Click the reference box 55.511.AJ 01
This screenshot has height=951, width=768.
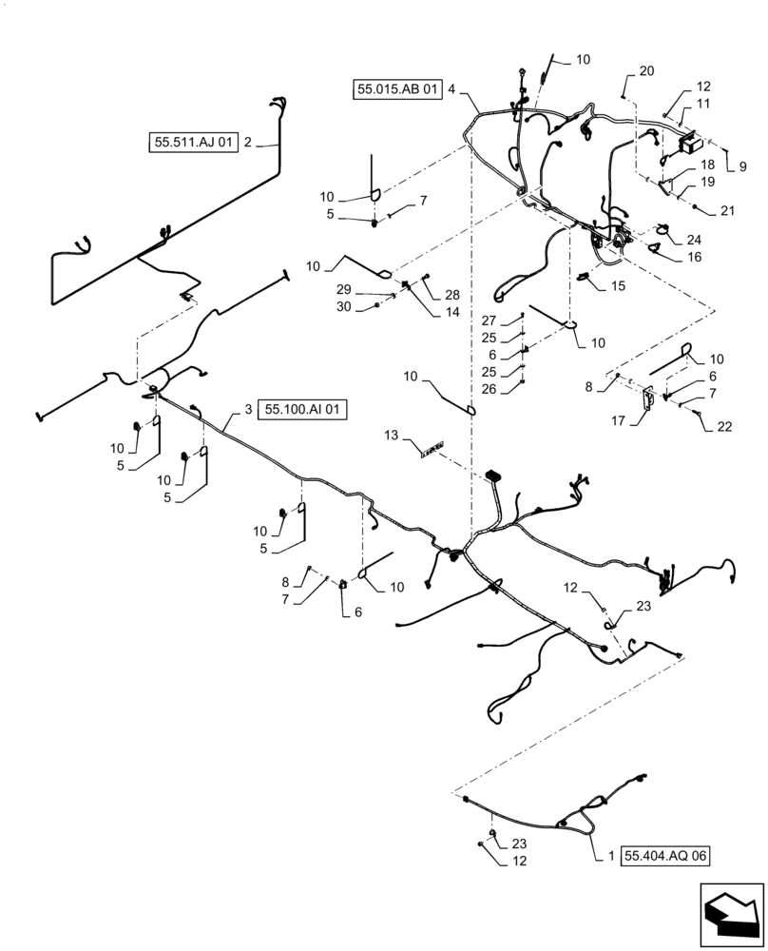point(193,143)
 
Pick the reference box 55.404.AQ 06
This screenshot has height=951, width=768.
point(665,856)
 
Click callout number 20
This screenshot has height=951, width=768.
point(646,71)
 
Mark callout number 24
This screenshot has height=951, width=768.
point(694,239)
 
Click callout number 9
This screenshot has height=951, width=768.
point(742,165)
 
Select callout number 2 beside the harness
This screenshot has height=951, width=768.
point(247,143)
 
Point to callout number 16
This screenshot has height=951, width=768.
point(693,257)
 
